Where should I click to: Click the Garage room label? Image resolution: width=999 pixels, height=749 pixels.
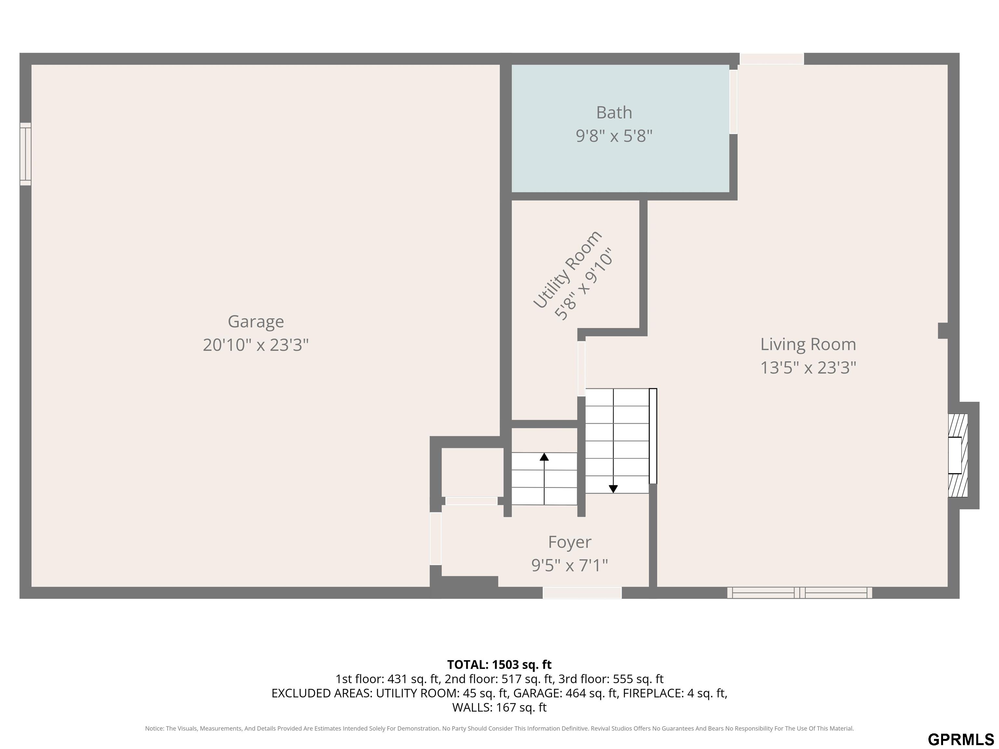click(256, 322)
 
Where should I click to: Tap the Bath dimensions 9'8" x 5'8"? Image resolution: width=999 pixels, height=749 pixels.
click(614, 136)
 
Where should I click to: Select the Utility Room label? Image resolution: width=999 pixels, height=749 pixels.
click(567, 269)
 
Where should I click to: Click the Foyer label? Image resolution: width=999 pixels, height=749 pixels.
click(569, 542)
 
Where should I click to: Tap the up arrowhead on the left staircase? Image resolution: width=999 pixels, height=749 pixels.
click(544, 456)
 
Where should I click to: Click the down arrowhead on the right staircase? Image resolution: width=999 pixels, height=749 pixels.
click(613, 489)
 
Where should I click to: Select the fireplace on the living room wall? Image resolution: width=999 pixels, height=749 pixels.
click(957, 455)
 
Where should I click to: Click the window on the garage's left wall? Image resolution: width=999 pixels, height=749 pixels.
click(26, 154)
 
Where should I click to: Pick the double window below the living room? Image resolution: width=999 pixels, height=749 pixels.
click(799, 592)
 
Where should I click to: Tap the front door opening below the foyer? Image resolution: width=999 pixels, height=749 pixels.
click(582, 592)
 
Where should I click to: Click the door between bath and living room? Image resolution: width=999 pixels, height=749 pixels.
click(733, 101)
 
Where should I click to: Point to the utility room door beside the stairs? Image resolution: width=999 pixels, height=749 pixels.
click(582, 368)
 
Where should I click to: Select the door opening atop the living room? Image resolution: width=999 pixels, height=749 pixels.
click(771, 59)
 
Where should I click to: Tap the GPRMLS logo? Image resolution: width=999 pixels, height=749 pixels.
click(961, 739)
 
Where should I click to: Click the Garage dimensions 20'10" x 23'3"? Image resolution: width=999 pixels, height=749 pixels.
click(256, 345)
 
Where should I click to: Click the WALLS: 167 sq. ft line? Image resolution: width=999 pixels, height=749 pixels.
click(499, 707)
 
